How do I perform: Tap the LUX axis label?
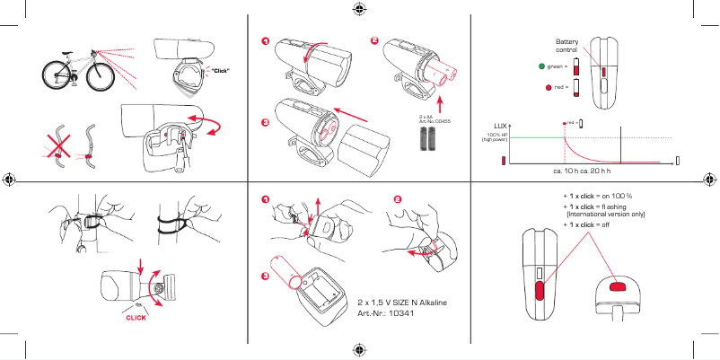tap(501, 125)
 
